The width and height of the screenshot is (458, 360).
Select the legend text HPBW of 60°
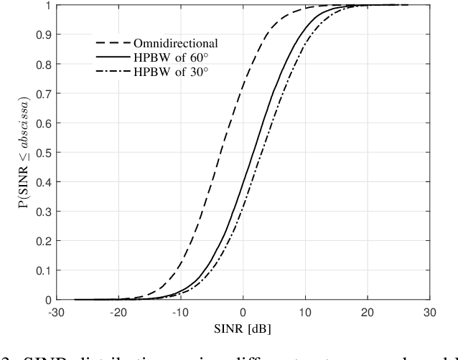point(164,57)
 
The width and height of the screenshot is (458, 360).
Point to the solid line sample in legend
point(108,57)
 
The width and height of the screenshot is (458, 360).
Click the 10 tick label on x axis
point(305,313)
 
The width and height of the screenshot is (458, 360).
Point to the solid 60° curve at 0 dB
point(243,176)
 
